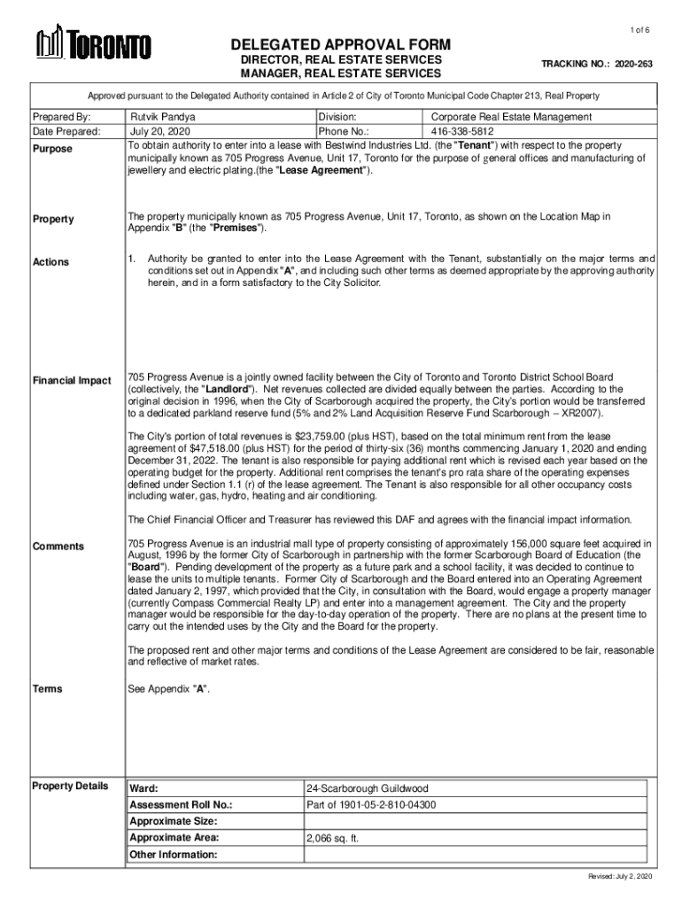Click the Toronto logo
click(93, 44)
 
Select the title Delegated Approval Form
click(340, 45)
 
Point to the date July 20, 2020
click(161, 131)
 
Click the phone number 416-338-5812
click(464, 131)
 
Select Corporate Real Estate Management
click(511, 117)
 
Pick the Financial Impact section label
click(72, 381)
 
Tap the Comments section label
click(58, 547)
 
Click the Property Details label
click(70, 786)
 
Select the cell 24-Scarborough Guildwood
click(362, 788)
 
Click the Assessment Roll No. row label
click(181, 805)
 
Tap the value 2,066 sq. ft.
click(333, 838)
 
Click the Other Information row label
click(174, 855)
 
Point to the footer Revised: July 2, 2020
click(620, 876)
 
